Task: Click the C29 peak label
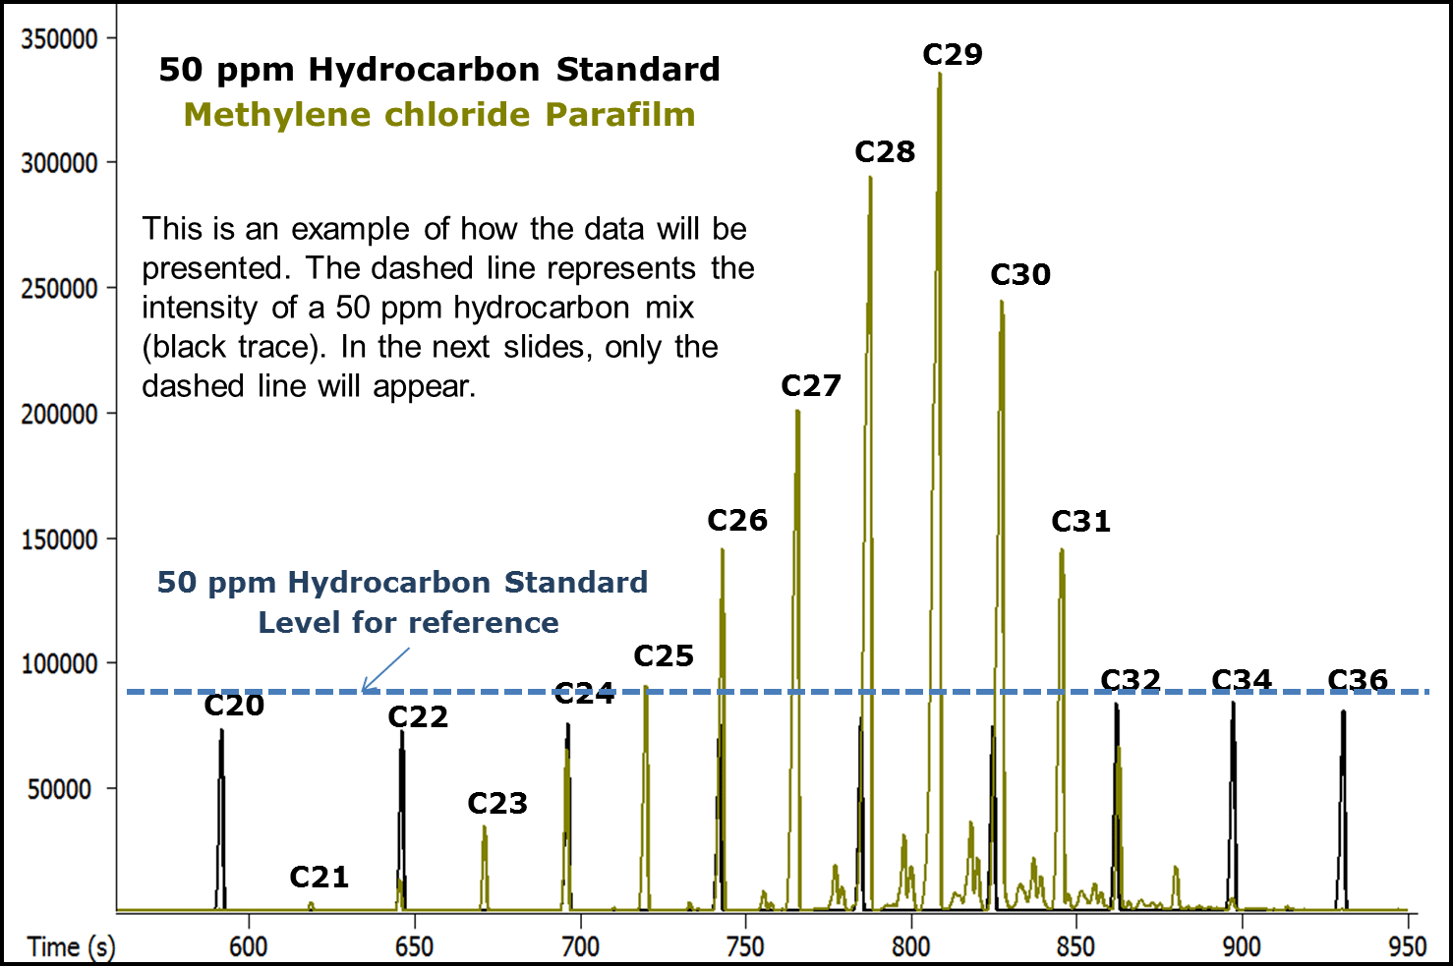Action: pyautogui.click(x=952, y=55)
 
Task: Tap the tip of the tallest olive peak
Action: pyautogui.click(x=940, y=75)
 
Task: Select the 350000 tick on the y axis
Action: pyautogui.click(x=60, y=39)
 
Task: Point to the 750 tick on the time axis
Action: pyautogui.click(x=745, y=945)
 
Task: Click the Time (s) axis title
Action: pyautogui.click(x=71, y=946)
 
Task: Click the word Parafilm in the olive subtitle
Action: pyautogui.click(x=620, y=115)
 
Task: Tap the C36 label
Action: pyautogui.click(x=1357, y=680)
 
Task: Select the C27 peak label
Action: pyautogui.click(x=811, y=386)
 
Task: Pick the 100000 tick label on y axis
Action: pyautogui.click(x=60, y=664)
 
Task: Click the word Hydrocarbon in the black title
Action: pyautogui.click(x=424, y=70)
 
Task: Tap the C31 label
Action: pyautogui.click(x=1080, y=522)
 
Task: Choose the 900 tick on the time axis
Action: pyautogui.click(x=1242, y=945)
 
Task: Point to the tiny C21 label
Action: pyautogui.click(x=319, y=877)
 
